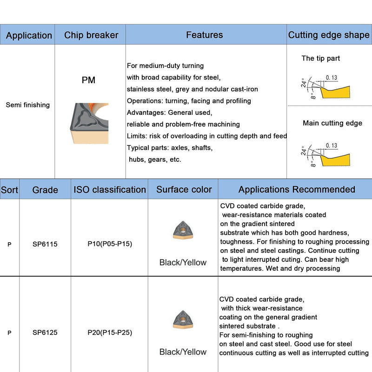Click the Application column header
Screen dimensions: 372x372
tap(29, 35)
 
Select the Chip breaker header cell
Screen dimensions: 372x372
tap(91, 35)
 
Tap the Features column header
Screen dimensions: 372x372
tap(205, 35)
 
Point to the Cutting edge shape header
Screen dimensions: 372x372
tap(329, 35)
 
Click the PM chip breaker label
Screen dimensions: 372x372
tap(88, 80)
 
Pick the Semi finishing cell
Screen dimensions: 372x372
tap(28, 105)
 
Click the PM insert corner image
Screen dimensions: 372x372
tap(89, 123)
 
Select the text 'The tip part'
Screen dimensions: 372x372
tap(320, 58)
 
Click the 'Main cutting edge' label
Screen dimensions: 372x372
tap(332, 123)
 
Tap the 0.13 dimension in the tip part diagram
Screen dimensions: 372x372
tap(332, 78)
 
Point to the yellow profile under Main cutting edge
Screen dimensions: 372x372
tap(335, 160)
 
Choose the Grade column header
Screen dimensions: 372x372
tap(45, 190)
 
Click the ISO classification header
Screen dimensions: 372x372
tap(110, 190)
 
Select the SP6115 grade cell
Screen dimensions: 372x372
tap(45, 244)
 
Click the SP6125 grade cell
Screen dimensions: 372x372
tap(45, 332)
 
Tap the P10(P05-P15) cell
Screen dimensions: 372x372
tap(110, 244)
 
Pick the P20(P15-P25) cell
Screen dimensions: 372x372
tap(110, 332)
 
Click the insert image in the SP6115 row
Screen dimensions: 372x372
tap(183, 230)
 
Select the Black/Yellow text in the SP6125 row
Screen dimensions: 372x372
tap(183, 352)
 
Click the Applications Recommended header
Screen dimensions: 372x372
tap(297, 189)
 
